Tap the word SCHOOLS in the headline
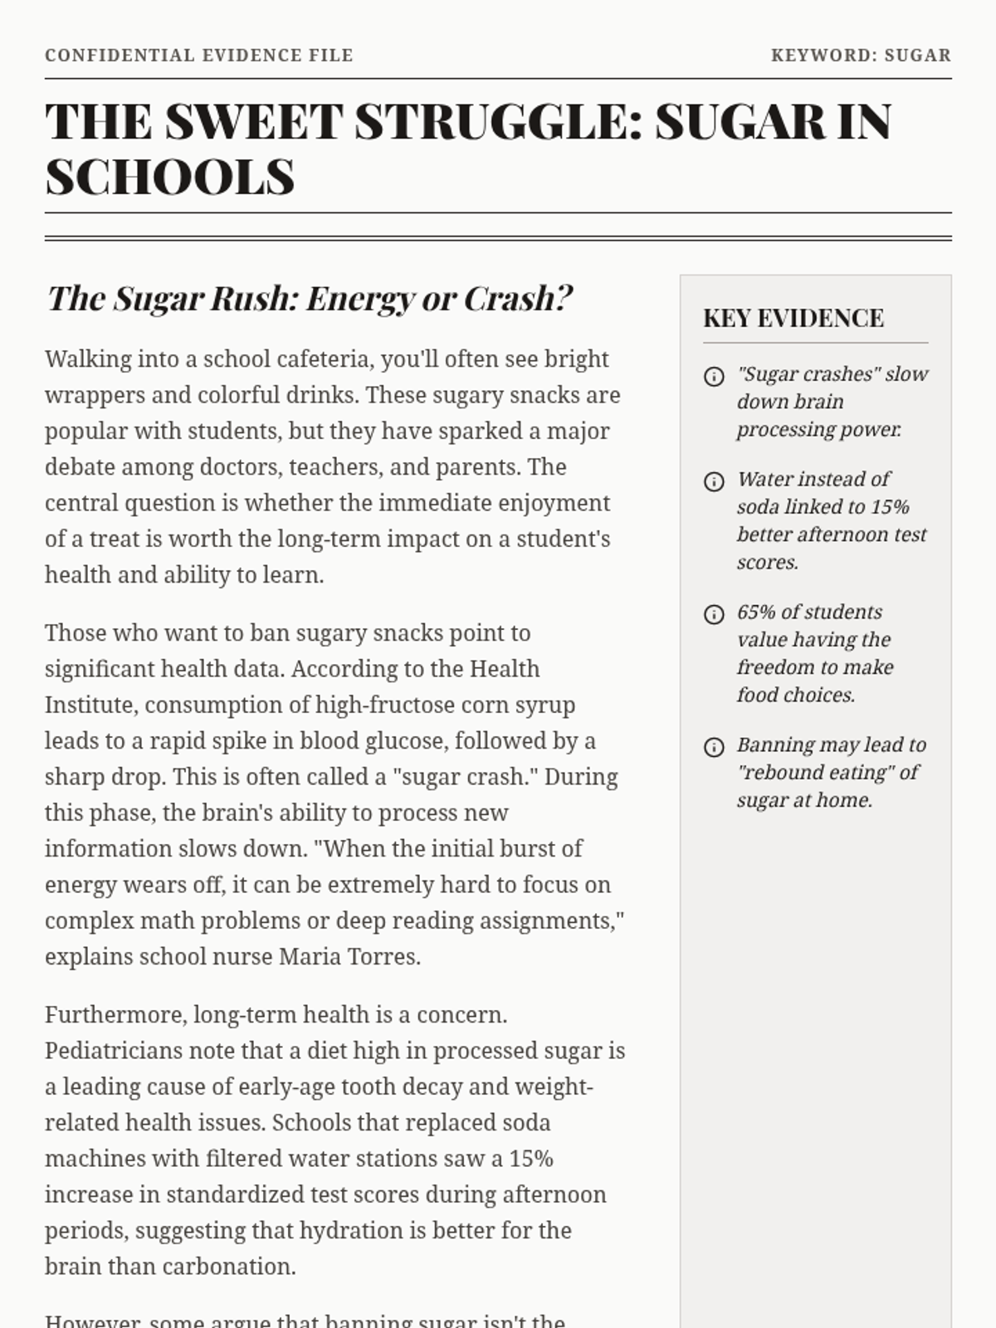170,177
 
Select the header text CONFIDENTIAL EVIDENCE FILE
199,56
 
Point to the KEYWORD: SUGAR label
861,56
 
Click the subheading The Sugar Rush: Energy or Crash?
310,299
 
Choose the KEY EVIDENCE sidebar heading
793,319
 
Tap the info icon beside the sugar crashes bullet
714,377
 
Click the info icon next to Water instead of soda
714,481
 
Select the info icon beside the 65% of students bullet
714,614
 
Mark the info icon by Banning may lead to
714,747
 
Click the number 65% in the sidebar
756,613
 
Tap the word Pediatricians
114,1052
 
